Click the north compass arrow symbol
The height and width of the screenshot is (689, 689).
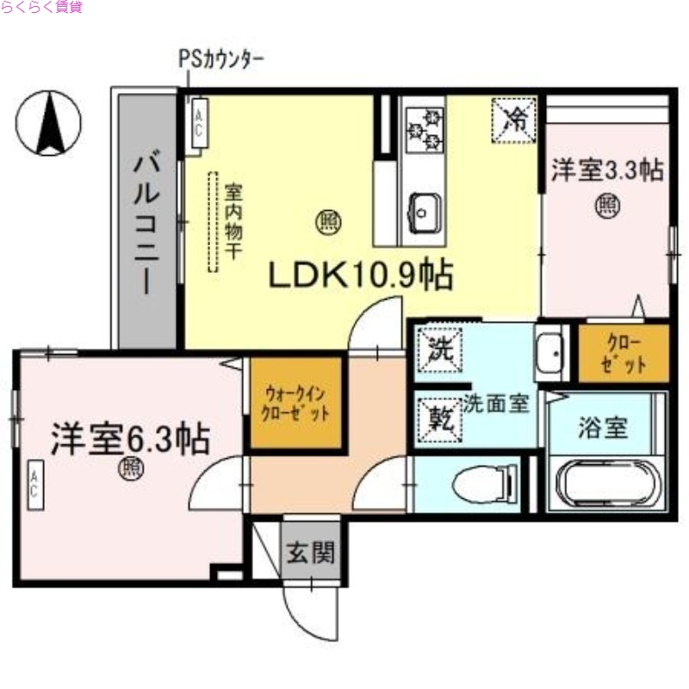click(x=50, y=121)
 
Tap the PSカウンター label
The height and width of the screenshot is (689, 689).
click(x=220, y=59)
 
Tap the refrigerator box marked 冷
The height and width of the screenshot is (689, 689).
click(x=514, y=120)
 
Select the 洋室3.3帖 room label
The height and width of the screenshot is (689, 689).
click(x=607, y=170)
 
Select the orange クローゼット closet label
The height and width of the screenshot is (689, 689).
click(x=621, y=352)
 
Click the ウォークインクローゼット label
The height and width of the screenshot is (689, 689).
click(x=296, y=403)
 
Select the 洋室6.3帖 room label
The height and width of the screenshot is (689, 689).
click(x=129, y=439)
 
